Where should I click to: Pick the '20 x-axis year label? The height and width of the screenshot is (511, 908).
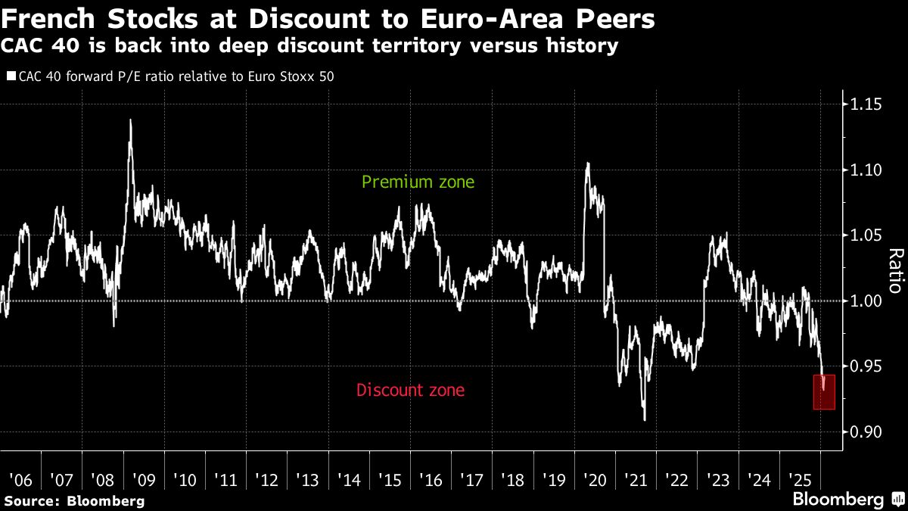[595, 480]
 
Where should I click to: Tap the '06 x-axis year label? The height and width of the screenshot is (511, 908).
[20, 480]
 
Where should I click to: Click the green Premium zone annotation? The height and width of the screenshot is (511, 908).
[418, 182]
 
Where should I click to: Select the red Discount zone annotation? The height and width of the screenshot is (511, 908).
[410, 391]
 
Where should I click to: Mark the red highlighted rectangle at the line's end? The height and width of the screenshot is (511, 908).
[824, 392]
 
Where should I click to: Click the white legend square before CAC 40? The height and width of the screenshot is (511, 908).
[11, 76]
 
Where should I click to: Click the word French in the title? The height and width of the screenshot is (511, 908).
[40, 18]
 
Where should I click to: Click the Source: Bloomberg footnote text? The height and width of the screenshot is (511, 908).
[73, 500]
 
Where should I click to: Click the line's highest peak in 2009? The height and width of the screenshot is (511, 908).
[131, 120]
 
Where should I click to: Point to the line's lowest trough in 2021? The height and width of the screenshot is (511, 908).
[645, 420]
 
